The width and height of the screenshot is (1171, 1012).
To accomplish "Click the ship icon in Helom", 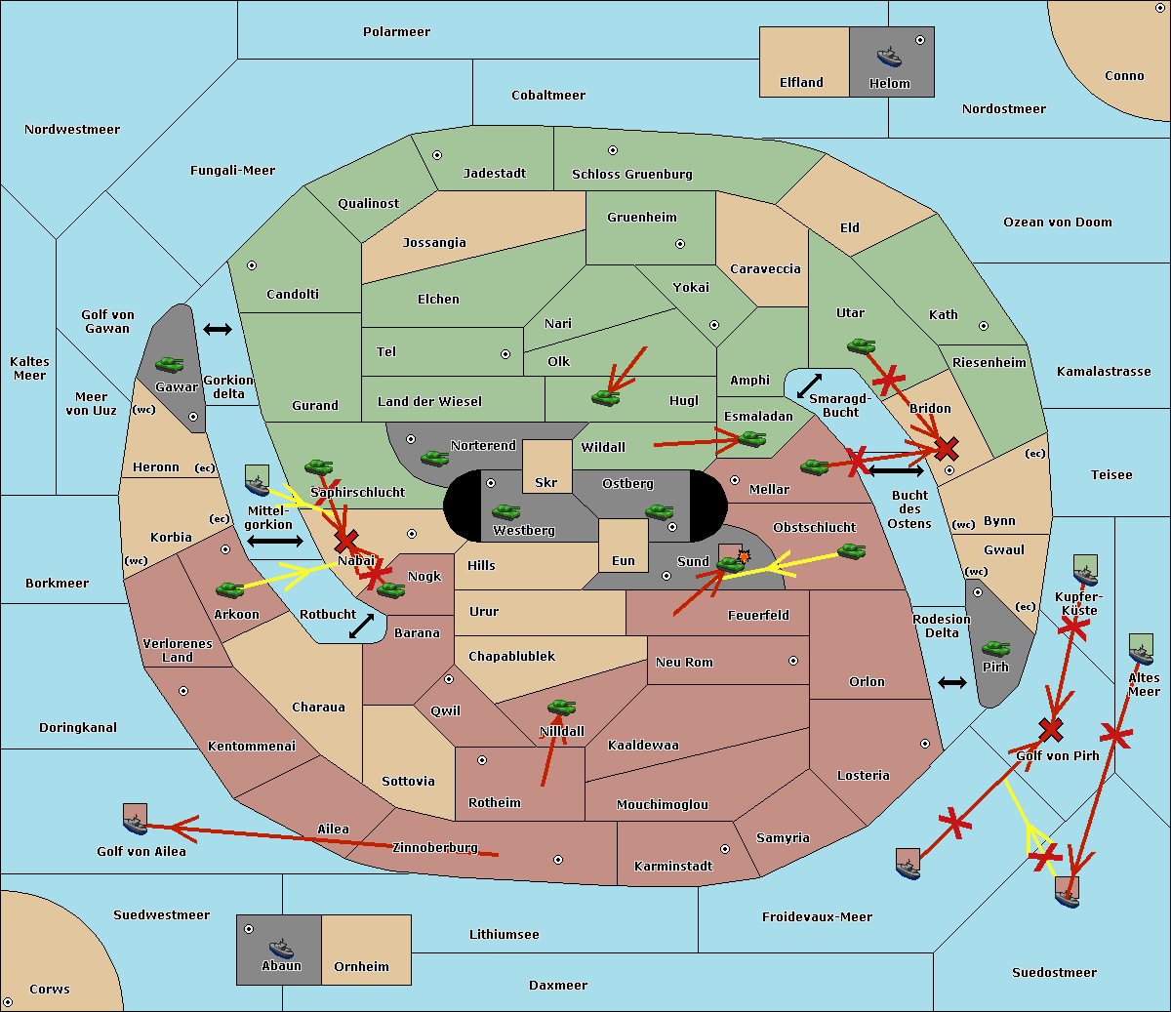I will click(889, 56).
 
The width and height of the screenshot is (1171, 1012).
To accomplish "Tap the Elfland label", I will click(801, 83).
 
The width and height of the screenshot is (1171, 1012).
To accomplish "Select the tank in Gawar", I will click(170, 365).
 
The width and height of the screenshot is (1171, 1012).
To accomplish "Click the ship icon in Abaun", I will click(281, 948).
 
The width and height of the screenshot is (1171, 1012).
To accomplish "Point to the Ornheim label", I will click(361, 967).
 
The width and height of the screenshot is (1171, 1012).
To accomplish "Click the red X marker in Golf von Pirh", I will click(1051, 729).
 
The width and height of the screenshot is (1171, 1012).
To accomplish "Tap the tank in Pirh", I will click(995, 649).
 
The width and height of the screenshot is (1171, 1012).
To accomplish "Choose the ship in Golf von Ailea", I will click(136, 820).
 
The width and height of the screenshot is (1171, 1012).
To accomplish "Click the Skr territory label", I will click(546, 483).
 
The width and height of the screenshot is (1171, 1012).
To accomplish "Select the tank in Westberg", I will click(505, 511).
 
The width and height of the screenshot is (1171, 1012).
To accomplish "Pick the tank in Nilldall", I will click(561, 708).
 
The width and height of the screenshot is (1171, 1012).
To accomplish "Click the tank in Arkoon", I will click(229, 589).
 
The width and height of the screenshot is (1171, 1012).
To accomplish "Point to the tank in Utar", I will click(861, 345).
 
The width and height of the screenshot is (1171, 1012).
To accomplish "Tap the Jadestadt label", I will click(495, 174).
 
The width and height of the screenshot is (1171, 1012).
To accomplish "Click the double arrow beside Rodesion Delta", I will click(952, 682).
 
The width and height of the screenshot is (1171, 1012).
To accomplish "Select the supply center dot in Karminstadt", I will click(725, 849).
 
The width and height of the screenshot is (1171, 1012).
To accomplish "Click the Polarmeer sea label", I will click(396, 32).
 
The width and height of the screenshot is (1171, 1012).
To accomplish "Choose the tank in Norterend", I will click(434, 458).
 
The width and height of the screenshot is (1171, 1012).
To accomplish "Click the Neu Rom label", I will click(684, 663).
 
